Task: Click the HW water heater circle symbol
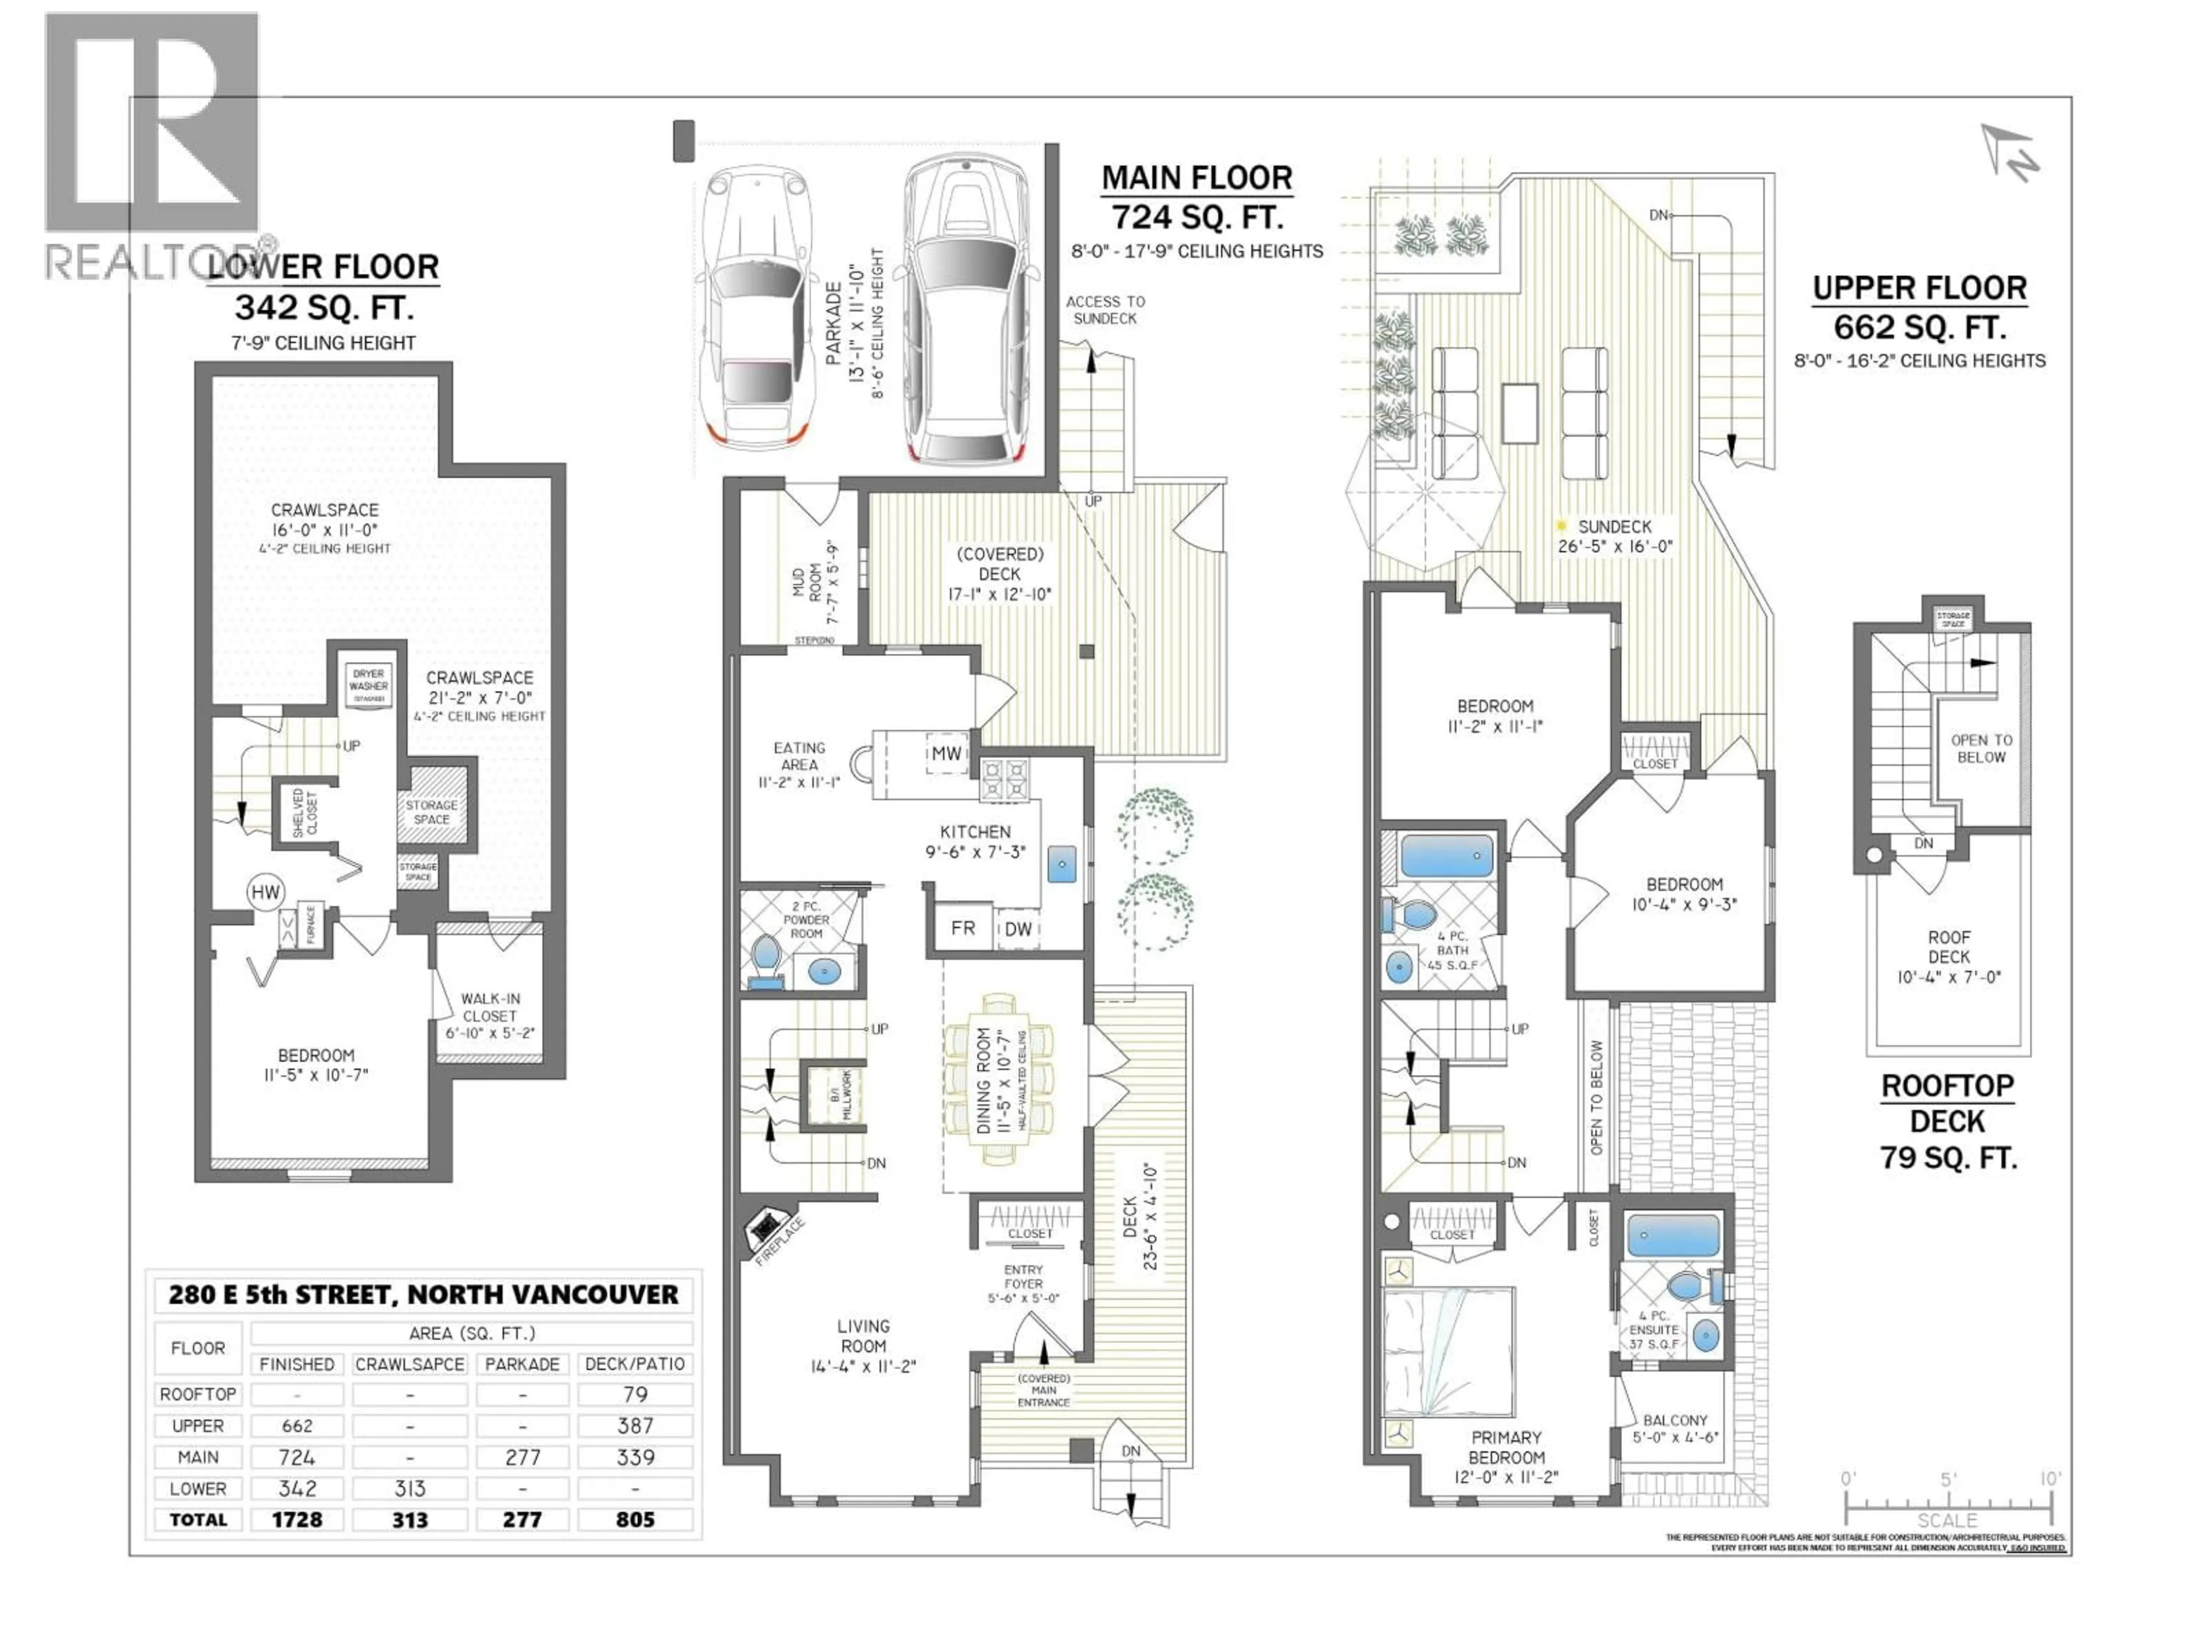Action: pyautogui.click(x=266, y=892)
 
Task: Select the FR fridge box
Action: pyautogui.click(x=963, y=928)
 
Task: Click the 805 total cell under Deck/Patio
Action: pyautogui.click(x=635, y=1519)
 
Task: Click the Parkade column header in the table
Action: pyautogui.click(x=522, y=1364)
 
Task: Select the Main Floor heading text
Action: pyautogui.click(x=1197, y=178)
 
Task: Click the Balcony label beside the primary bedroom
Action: pyautogui.click(x=1676, y=1420)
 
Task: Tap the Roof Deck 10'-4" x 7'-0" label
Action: pyautogui.click(x=1948, y=957)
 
